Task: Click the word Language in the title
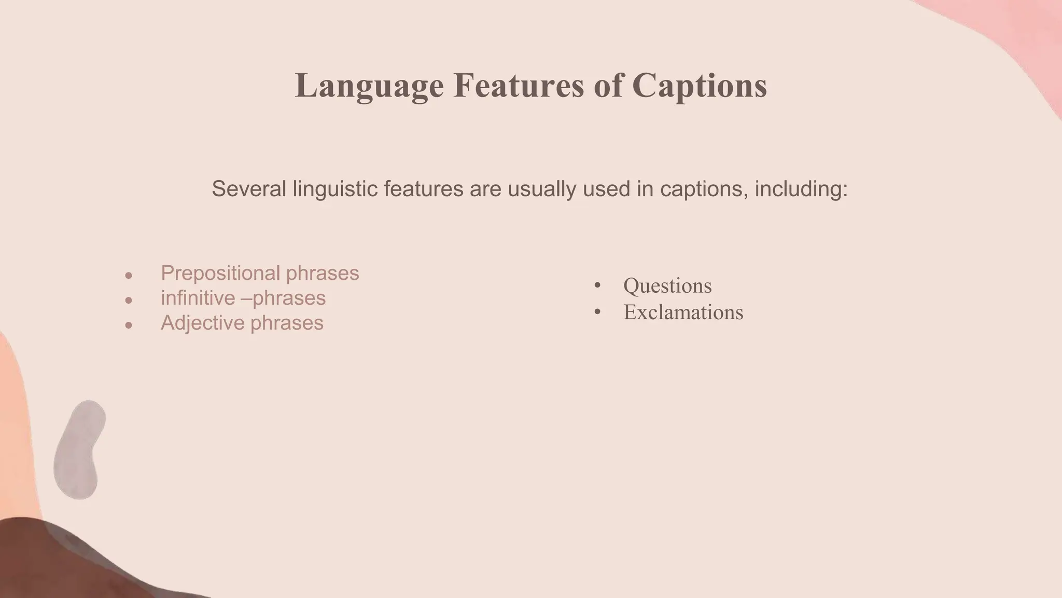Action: (x=369, y=86)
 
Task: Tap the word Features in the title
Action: (x=519, y=86)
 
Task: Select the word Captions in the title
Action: (x=700, y=86)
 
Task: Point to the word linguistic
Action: (x=335, y=188)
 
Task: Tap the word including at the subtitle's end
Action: (x=801, y=188)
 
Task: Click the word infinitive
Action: (x=198, y=298)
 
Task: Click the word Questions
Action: (x=667, y=286)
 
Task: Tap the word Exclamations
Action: (x=683, y=312)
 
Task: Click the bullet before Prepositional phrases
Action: (x=129, y=276)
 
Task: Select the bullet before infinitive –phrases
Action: (x=129, y=301)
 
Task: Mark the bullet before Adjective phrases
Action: (x=129, y=325)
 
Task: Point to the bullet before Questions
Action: (x=597, y=285)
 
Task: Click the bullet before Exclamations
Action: (x=597, y=311)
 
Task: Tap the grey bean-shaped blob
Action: (x=79, y=449)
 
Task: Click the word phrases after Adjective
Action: (x=287, y=323)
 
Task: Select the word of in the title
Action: (x=608, y=86)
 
